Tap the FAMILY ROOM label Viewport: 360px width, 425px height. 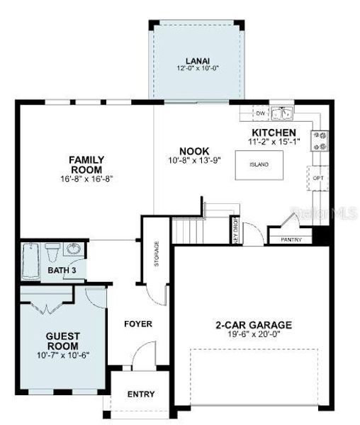coord(86,164)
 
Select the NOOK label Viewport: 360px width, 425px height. coord(193,151)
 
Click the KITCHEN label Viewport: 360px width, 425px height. coord(274,132)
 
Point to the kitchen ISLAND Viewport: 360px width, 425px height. coord(259,164)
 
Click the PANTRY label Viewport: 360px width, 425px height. coord(291,239)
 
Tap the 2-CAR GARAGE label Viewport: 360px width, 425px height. coord(253,326)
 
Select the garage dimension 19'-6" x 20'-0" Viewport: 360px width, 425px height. coord(253,334)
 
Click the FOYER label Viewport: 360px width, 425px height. coord(138,324)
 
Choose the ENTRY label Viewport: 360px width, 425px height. coord(140,394)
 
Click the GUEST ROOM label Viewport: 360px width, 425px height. coord(62,339)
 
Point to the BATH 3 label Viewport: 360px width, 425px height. coord(62,271)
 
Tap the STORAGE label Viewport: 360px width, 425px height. coord(157,255)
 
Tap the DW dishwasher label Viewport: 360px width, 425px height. coord(260,113)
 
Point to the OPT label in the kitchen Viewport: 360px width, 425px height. coord(317,178)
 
